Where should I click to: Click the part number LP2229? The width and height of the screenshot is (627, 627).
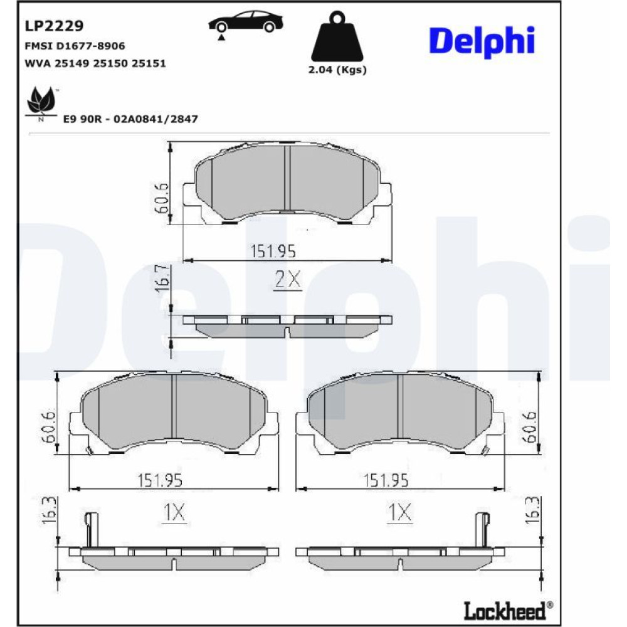click(x=54, y=26)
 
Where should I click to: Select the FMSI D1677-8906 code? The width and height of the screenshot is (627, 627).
click(x=75, y=46)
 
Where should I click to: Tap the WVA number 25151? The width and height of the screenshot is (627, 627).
click(x=149, y=63)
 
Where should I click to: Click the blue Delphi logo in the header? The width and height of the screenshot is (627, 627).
click(x=482, y=41)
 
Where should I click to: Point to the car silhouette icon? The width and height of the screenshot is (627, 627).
click(x=246, y=23)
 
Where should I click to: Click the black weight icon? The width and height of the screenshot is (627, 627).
click(x=337, y=36)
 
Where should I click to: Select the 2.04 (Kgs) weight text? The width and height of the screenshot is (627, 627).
click(x=337, y=70)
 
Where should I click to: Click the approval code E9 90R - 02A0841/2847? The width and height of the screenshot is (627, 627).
click(x=131, y=119)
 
